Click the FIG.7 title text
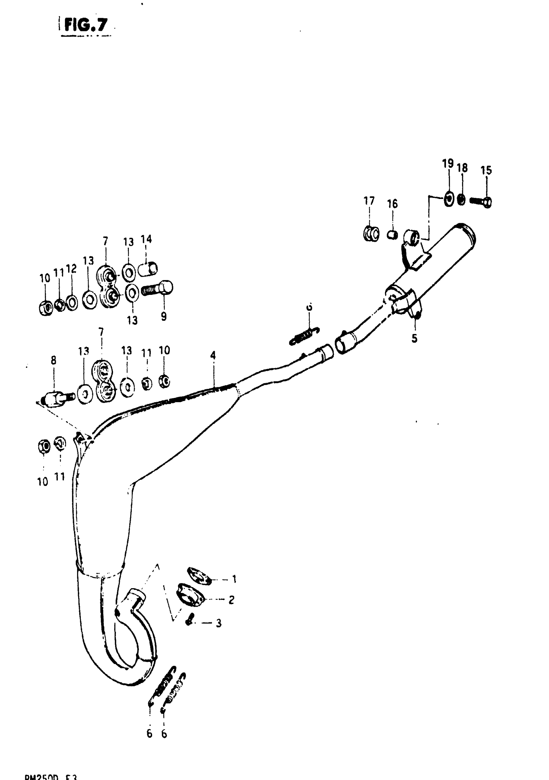tap(86, 25)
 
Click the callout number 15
tap(486, 171)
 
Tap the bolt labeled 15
tap(481, 202)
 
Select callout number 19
tap(448, 164)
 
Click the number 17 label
tap(369, 201)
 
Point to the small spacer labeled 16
tap(392, 235)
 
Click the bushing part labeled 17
tap(370, 234)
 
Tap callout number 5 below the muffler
tap(414, 338)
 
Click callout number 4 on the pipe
tap(213, 355)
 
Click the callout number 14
tap(146, 239)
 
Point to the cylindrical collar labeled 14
tap(149, 269)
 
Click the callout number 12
tap(71, 269)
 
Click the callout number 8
tap(54, 360)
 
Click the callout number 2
tap(231, 600)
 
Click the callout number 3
tap(219, 623)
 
